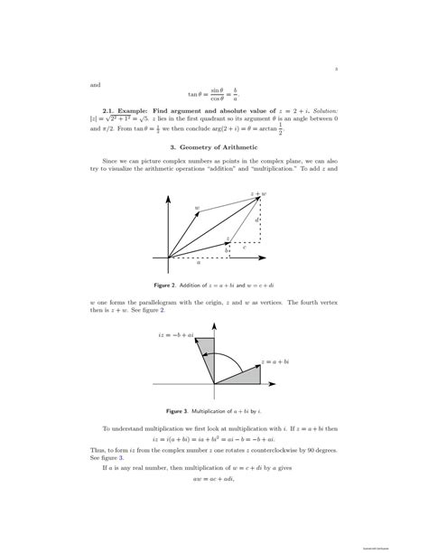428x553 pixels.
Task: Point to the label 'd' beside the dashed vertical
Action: (x=257, y=220)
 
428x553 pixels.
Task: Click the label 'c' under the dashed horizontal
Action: (x=244, y=246)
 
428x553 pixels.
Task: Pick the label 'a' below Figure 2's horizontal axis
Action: (x=199, y=263)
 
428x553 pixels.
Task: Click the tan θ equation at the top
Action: (x=213, y=92)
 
